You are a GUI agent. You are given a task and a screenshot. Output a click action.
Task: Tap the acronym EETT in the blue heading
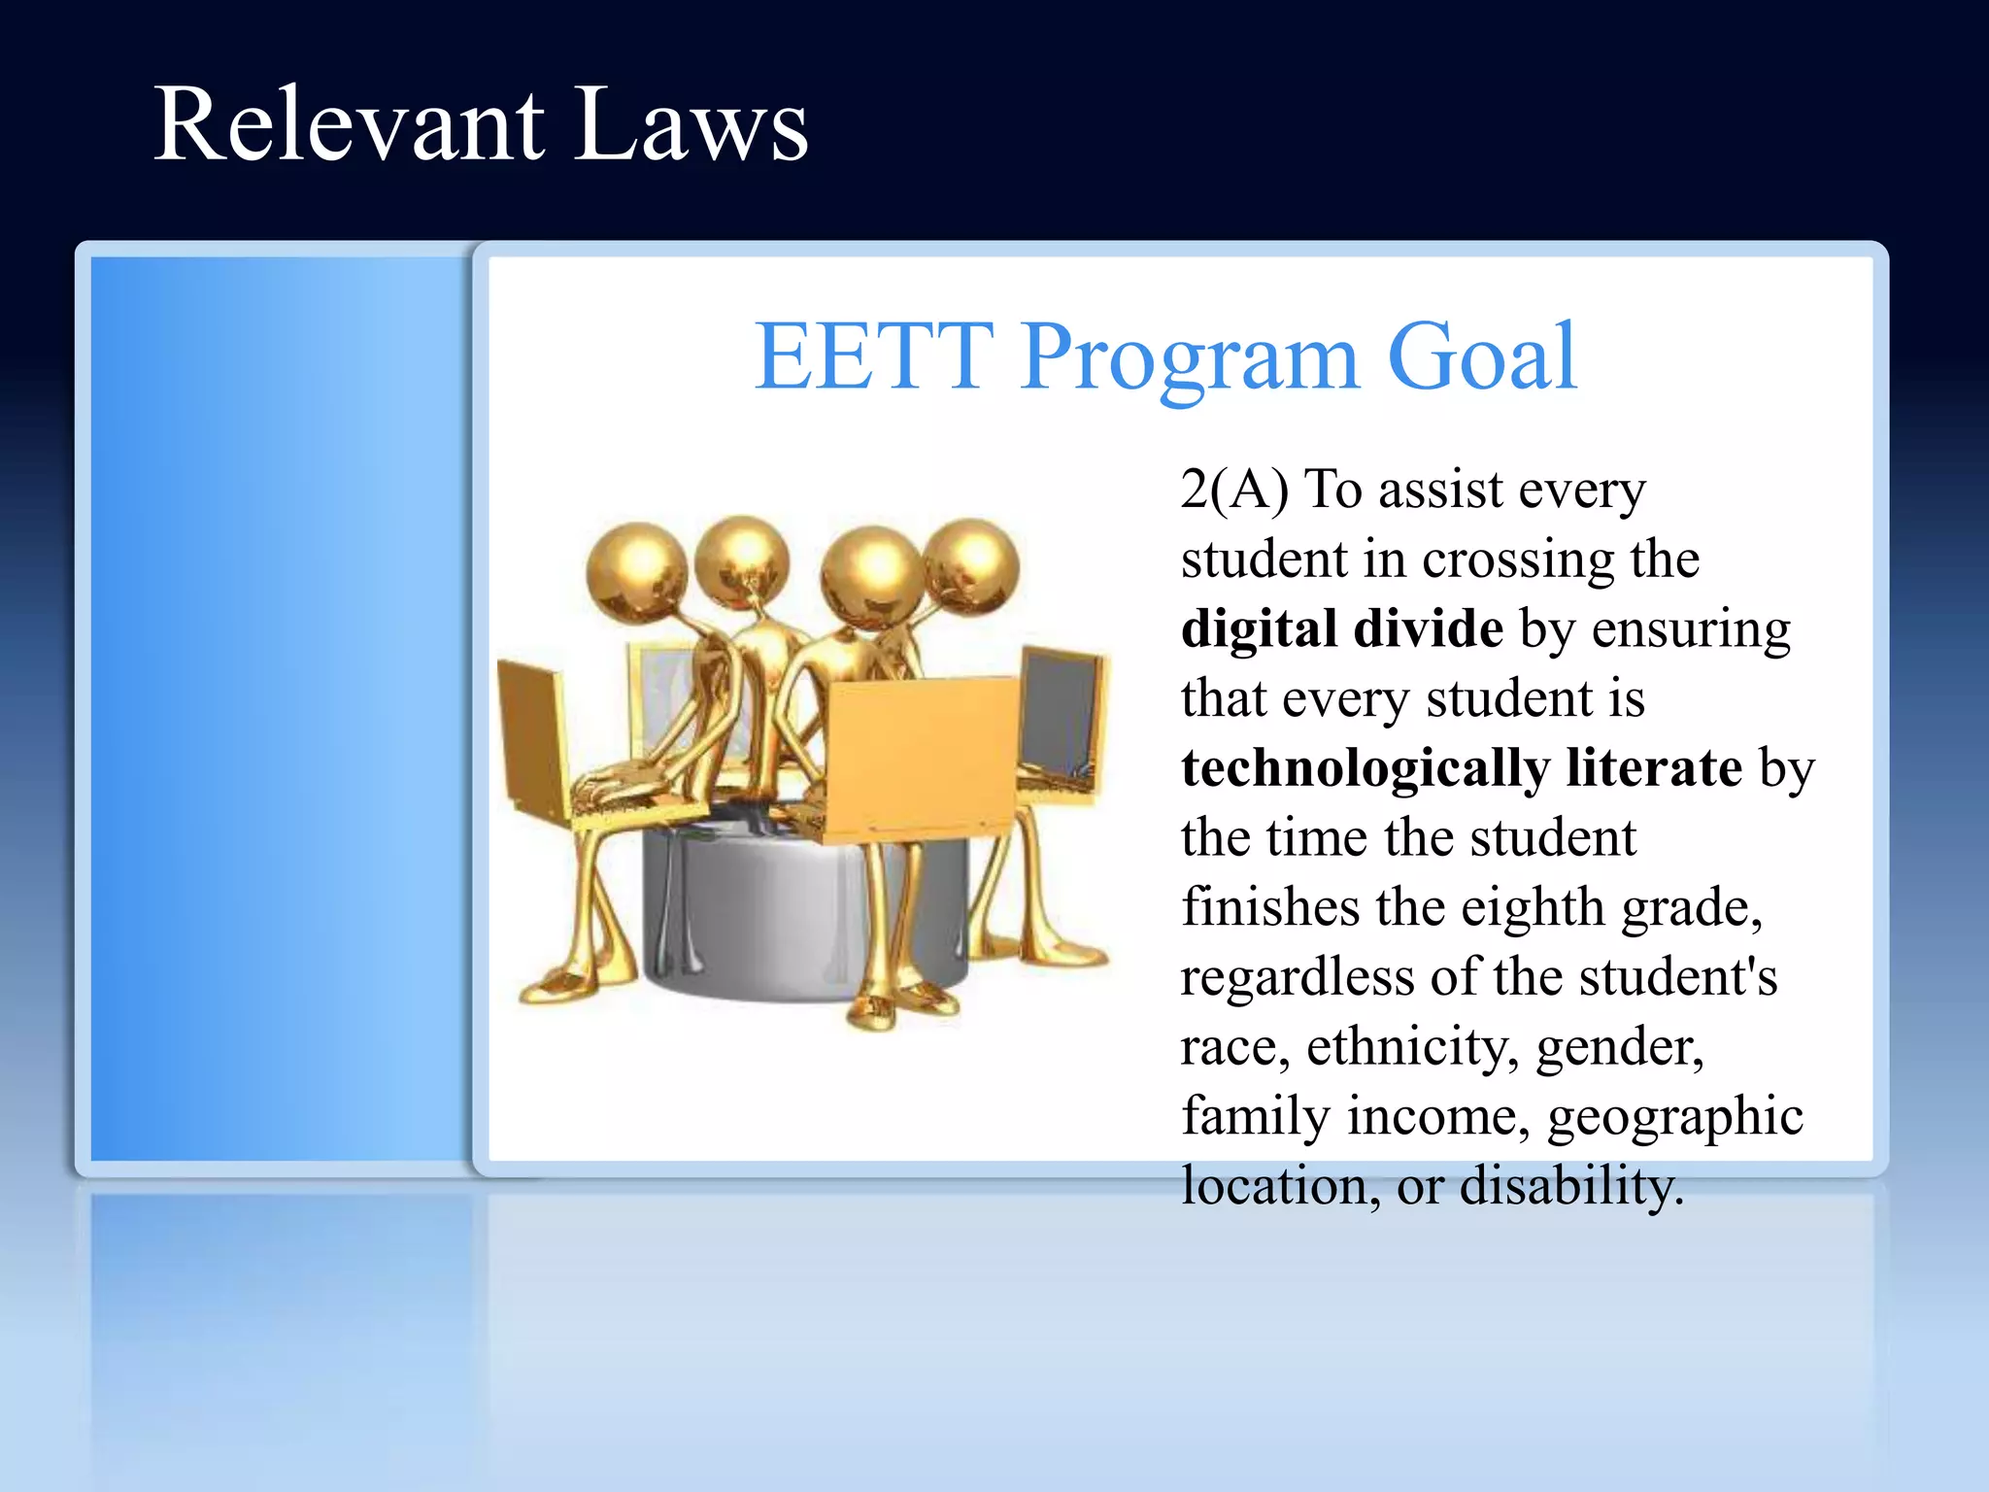(874, 357)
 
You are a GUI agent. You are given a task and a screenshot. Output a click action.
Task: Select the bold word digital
(1259, 629)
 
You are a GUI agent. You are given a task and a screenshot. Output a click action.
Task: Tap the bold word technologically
(1365, 769)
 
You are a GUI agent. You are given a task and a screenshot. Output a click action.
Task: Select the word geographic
(1674, 1117)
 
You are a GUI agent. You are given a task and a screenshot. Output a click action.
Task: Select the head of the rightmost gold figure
(971, 565)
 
